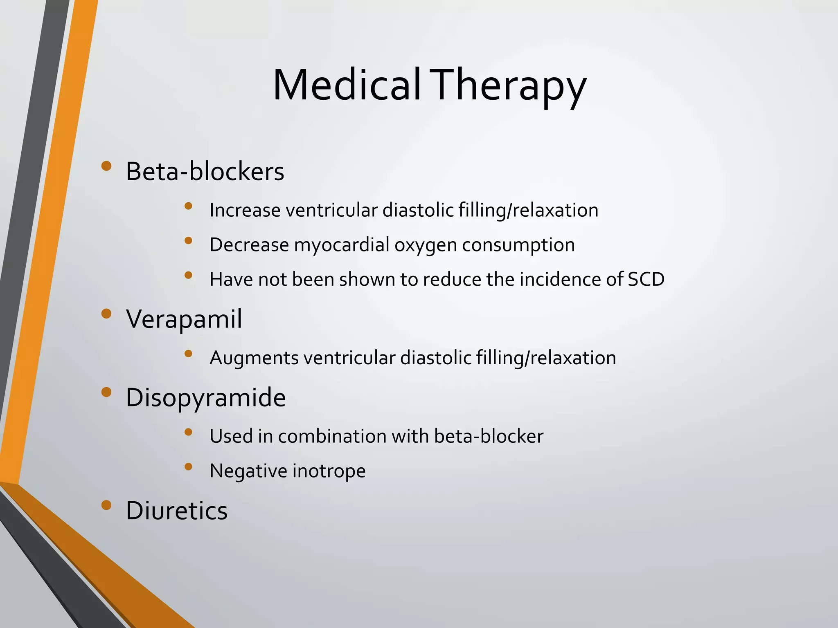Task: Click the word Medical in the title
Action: [x=347, y=85]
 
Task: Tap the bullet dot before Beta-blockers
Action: [x=106, y=166]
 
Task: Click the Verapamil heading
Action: [x=184, y=318]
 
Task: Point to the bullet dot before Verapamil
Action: [x=106, y=314]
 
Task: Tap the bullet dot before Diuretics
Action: [x=106, y=505]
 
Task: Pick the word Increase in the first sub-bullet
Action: [x=245, y=210]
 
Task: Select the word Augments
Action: [x=254, y=358]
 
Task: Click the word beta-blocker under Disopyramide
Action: [x=489, y=436]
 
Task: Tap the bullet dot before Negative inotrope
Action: [x=188, y=467]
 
